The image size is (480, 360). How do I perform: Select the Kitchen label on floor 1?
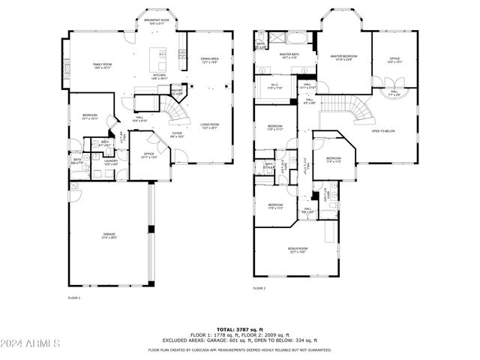click(159, 76)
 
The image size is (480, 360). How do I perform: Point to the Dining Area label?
click(209, 59)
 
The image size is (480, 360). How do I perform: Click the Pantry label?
click(177, 92)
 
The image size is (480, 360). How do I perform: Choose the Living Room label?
click(209, 126)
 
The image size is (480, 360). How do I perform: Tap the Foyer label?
click(177, 136)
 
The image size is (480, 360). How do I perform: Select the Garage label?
click(109, 236)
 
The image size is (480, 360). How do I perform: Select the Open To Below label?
click(383, 131)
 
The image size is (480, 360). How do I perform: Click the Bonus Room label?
click(298, 250)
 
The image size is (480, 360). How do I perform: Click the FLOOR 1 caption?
click(73, 298)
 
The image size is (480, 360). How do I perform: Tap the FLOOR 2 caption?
click(259, 288)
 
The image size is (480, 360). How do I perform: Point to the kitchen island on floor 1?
click(158, 56)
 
